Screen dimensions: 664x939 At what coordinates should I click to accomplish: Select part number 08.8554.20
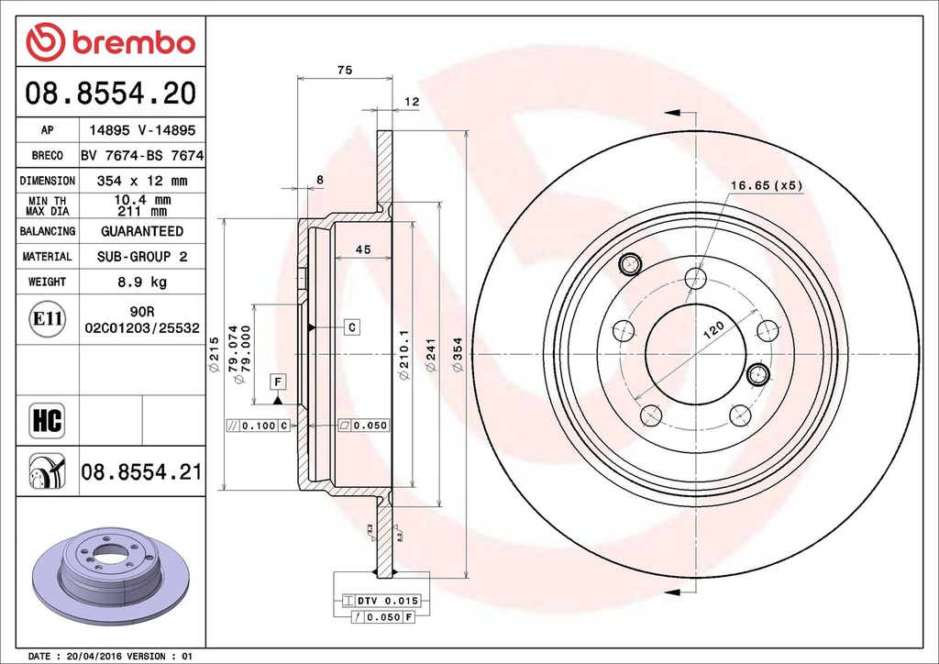(x=110, y=93)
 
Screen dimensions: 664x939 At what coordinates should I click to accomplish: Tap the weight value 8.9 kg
(x=141, y=282)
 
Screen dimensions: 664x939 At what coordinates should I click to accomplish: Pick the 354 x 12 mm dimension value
(x=141, y=181)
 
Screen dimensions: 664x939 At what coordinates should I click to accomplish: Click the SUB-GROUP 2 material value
(x=141, y=257)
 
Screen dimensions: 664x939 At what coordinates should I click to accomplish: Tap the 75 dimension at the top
(x=345, y=71)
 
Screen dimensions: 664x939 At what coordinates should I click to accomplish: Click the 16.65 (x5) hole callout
(x=766, y=186)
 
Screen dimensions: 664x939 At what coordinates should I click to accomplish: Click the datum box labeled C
(x=350, y=326)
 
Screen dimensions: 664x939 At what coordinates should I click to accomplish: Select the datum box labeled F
(x=277, y=381)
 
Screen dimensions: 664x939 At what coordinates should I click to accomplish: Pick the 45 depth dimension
(x=362, y=249)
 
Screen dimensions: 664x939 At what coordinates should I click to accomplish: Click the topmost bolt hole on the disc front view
(x=696, y=277)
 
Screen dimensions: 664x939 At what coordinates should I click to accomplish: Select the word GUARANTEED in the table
(x=141, y=231)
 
